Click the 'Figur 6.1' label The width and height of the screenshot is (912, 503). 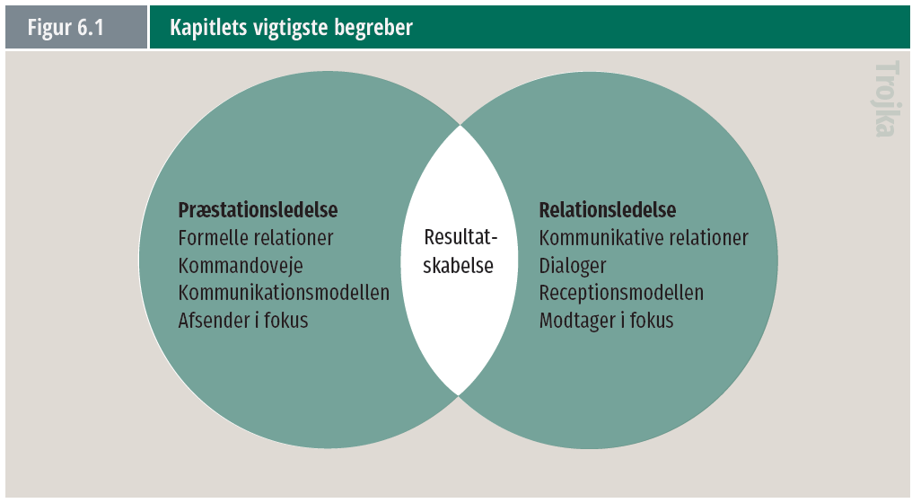pos(66,27)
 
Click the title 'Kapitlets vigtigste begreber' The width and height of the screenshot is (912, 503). pos(291,27)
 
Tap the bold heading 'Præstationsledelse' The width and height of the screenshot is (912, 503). pos(258,210)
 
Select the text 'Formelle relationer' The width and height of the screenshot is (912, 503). pos(256,238)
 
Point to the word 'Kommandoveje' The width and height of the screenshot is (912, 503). pos(241,266)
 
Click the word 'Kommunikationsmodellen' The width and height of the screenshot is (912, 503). pos(284,293)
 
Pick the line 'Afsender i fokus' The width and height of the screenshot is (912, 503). pos(243,320)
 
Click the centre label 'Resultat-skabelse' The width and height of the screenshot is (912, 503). pos(459,252)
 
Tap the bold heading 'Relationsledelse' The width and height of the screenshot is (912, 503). pos(608,210)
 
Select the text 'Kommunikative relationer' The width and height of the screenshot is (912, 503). pos(644,238)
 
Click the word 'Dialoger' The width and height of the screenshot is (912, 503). pos(573,266)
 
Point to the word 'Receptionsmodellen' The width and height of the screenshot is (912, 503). pos(621,293)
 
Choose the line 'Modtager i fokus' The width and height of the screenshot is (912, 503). pos(606,320)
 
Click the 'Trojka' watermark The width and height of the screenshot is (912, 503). pos(886,98)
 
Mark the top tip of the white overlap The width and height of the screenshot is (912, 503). pos(460,125)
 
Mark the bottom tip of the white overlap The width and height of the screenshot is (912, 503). pos(460,394)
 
